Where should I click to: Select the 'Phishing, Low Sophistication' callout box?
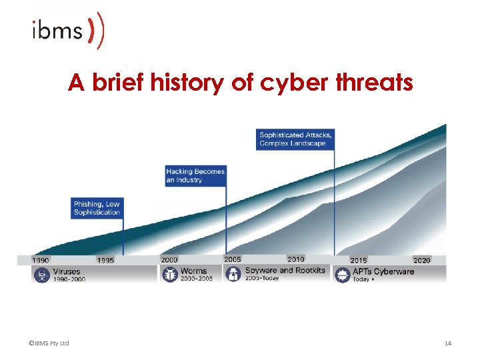(x=97, y=208)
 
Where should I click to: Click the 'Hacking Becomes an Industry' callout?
(x=195, y=175)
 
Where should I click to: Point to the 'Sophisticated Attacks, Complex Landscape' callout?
(x=295, y=139)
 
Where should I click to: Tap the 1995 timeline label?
(x=105, y=260)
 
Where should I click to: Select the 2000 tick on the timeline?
(x=169, y=260)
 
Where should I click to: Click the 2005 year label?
(x=233, y=259)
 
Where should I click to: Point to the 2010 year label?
(x=296, y=259)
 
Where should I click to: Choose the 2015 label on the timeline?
(x=358, y=260)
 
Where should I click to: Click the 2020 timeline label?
(x=421, y=260)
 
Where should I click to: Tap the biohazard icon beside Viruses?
(x=41, y=275)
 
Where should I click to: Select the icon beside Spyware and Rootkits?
(x=233, y=273)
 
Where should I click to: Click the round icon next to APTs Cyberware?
(x=341, y=275)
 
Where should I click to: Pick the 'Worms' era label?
(x=194, y=271)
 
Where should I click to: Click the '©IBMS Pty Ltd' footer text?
(x=49, y=343)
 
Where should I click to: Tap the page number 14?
(x=447, y=343)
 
